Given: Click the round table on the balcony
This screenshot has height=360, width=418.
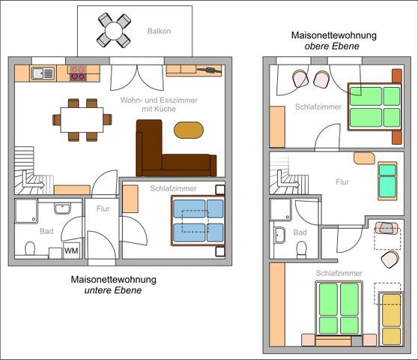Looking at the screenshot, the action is [114, 31].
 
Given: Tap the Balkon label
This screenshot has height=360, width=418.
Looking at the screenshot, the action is [159, 31].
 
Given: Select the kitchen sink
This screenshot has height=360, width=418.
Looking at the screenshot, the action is [43, 73].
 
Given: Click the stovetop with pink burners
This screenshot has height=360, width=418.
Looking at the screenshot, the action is [78, 73].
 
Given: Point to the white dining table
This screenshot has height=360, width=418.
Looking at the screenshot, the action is [82, 120].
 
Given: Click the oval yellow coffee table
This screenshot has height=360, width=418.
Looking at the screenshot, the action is [189, 130].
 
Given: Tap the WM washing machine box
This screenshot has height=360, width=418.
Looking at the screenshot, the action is [71, 250].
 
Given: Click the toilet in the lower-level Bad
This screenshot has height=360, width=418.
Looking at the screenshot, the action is [30, 248].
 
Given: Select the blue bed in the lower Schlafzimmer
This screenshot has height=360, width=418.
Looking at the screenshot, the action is [198, 220].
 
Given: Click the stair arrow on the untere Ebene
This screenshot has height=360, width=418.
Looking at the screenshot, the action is [32, 181].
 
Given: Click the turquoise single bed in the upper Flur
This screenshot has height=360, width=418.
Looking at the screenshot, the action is [387, 181].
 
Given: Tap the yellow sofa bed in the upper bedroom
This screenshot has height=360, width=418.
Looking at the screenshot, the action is [391, 319].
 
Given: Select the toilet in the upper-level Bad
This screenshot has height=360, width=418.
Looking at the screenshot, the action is [301, 249].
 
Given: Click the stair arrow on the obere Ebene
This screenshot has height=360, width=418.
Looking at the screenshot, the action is [287, 181].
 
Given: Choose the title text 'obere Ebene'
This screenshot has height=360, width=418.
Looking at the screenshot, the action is [332, 46].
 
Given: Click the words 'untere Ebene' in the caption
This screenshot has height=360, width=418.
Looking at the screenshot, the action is [113, 290].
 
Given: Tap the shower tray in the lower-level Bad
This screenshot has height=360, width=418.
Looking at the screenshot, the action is [26, 211].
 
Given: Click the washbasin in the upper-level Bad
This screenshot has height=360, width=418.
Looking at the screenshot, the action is [279, 235].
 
